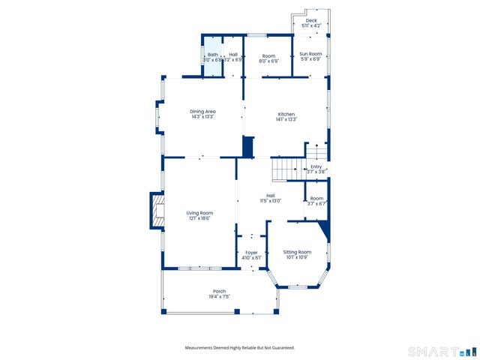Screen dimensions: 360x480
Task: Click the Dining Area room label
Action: pos(202,112)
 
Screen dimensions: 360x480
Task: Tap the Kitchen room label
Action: pos(286,114)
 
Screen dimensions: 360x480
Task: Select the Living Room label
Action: pos(199,213)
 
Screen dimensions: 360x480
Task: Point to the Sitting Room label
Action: pos(297,252)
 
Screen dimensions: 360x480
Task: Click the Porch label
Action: pos(219,291)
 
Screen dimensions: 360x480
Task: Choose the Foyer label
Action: pos(251,253)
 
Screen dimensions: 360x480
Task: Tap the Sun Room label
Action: pos(310,54)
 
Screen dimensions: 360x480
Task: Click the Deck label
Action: pos(310,21)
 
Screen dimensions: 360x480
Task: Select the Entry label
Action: pos(316,166)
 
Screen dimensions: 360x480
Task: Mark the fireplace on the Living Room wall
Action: pos(157,211)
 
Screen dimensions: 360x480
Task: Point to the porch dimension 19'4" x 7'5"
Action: pos(219,297)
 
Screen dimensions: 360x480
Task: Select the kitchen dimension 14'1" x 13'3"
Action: pos(286,119)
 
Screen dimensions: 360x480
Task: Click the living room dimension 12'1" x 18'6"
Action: pos(199,218)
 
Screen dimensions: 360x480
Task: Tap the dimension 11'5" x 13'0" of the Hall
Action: pos(270,201)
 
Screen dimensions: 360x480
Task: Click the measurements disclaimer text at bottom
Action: pos(240,348)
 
